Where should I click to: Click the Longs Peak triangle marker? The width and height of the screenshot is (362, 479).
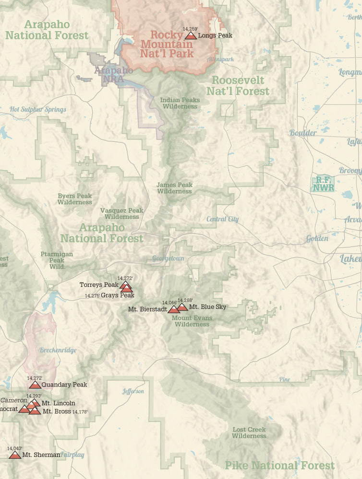click(x=191, y=35)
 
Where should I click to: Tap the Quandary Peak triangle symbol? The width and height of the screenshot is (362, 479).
click(x=35, y=385)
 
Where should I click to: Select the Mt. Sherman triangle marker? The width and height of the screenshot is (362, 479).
click(x=15, y=455)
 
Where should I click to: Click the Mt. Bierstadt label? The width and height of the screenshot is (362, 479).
click(x=147, y=309)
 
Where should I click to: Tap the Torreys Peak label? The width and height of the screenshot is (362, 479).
click(x=99, y=285)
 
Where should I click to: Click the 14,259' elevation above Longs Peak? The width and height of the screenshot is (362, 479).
click(x=190, y=29)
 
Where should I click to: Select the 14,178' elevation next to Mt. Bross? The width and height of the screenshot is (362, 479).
click(x=80, y=411)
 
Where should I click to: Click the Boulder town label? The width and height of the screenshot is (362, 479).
click(x=303, y=133)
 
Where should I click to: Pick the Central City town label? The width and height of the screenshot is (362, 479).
click(x=222, y=219)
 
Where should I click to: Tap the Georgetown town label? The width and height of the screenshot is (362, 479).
click(x=168, y=258)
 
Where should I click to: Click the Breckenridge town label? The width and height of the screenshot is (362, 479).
click(x=58, y=350)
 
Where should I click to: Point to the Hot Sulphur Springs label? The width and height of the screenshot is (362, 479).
click(x=38, y=110)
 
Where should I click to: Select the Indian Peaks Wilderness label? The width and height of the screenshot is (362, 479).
click(x=180, y=103)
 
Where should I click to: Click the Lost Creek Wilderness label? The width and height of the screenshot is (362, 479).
click(x=249, y=433)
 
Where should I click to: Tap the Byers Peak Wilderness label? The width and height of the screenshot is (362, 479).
click(x=74, y=199)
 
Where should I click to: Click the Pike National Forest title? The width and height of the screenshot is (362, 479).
click(x=279, y=465)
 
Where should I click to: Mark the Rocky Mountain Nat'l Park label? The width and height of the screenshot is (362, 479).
click(x=167, y=44)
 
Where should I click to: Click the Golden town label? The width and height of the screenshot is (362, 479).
click(x=317, y=239)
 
